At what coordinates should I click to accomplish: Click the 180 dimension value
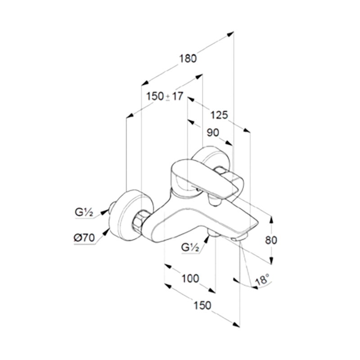point(188,58)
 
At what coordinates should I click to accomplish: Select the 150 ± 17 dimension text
point(165,96)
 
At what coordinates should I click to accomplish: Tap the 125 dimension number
point(219,115)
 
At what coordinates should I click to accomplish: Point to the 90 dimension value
point(213,133)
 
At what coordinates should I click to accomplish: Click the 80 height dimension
point(271,240)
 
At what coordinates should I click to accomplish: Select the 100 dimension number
point(190,279)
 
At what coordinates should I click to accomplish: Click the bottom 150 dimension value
point(202,306)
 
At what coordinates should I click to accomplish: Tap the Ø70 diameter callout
point(84,238)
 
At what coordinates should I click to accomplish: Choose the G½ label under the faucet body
point(190,247)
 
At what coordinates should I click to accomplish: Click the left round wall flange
point(130,215)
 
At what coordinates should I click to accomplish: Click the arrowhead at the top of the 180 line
point(230,33)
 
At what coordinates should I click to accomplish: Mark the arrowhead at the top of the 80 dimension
point(271,220)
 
